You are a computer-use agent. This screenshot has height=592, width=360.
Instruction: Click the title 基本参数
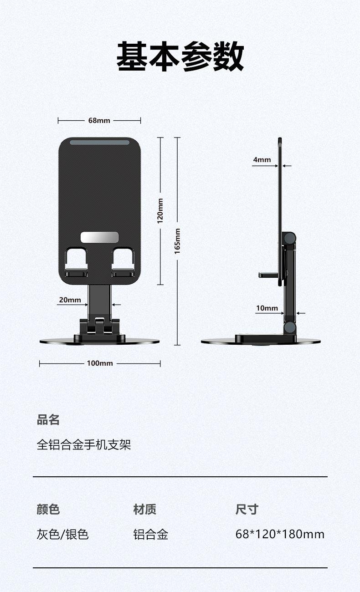tap(180, 56)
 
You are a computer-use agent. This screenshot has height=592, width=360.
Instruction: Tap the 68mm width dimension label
tap(99, 121)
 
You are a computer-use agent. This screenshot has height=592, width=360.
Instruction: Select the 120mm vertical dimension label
tap(160, 211)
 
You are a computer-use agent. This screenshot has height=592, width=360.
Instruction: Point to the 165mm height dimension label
tap(177, 241)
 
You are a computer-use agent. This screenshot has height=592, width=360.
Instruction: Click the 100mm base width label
tap(100, 363)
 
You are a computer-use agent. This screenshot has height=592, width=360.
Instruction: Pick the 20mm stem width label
tap(70, 300)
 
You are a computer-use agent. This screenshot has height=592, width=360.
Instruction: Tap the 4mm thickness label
tap(262, 160)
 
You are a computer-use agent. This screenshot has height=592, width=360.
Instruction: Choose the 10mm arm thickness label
tap(267, 308)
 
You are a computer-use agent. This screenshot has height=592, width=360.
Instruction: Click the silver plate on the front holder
tap(99, 237)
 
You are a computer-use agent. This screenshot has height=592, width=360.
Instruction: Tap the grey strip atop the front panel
tap(99, 143)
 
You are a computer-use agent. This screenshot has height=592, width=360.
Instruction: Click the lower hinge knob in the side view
tap(289, 327)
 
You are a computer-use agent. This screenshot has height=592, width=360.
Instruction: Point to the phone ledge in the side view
tap(268, 275)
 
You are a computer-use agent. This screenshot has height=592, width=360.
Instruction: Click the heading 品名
tap(48, 419)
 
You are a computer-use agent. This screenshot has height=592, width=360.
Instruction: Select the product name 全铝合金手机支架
tap(84, 444)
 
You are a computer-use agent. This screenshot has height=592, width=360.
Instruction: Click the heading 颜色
tap(48, 509)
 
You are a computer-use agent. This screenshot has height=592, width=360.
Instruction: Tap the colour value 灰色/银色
tap(63, 534)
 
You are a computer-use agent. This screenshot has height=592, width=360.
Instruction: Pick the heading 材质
tap(145, 509)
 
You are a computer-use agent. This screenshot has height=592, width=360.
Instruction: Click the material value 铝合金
tap(151, 534)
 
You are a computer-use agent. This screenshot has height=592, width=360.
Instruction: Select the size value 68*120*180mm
tap(280, 534)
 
